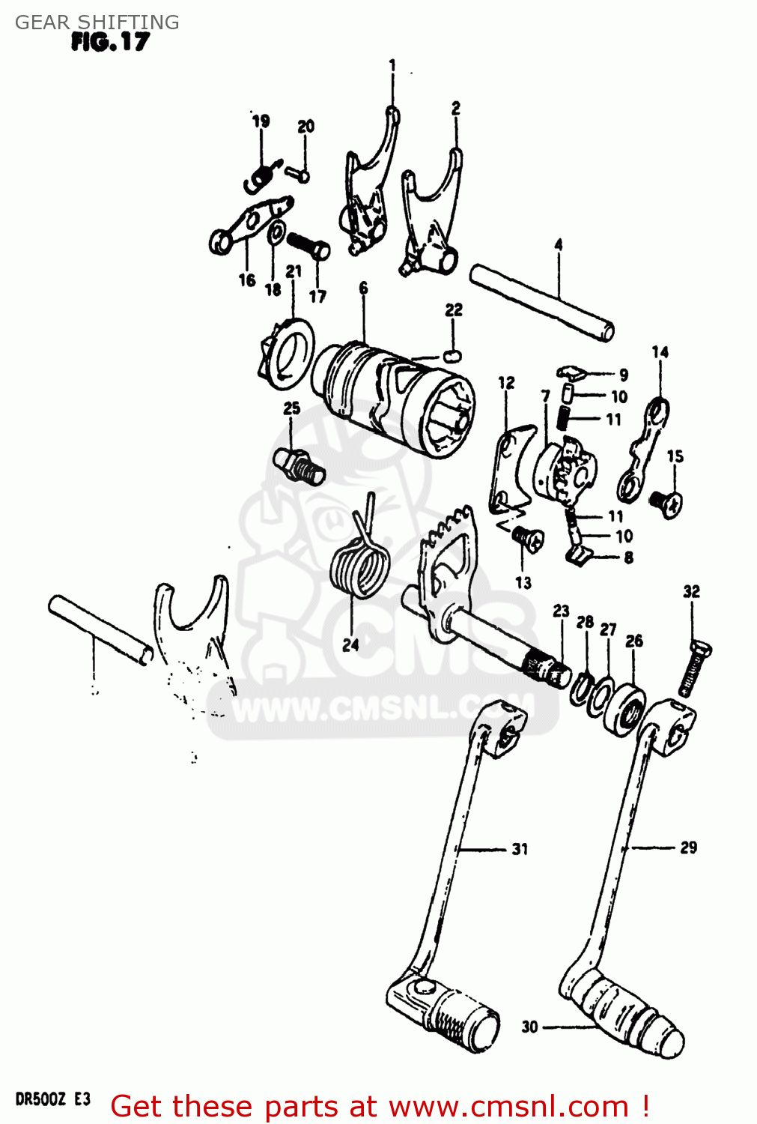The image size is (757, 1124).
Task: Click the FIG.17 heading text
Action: [x=110, y=42]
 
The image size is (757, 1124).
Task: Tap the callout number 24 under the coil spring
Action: [x=350, y=644]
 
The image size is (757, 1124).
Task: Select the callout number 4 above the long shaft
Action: [x=559, y=245]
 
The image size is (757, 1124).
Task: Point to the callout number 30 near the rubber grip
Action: [x=530, y=1027]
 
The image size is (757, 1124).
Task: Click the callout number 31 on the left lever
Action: [x=520, y=849]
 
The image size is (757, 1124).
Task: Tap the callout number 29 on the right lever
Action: [x=688, y=847]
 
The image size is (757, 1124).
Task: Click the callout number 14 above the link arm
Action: [x=660, y=351]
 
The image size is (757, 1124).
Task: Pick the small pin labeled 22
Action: [x=452, y=354]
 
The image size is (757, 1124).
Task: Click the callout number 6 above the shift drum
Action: [x=363, y=288]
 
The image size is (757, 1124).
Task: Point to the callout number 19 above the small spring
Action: [x=261, y=121]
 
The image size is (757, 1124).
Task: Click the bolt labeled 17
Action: [x=307, y=244]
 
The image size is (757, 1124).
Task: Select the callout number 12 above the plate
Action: [x=506, y=382]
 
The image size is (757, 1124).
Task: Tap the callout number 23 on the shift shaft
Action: [x=561, y=611]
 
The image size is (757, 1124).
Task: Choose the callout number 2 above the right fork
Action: [x=455, y=109]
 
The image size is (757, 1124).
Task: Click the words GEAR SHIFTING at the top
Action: [x=97, y=22]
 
